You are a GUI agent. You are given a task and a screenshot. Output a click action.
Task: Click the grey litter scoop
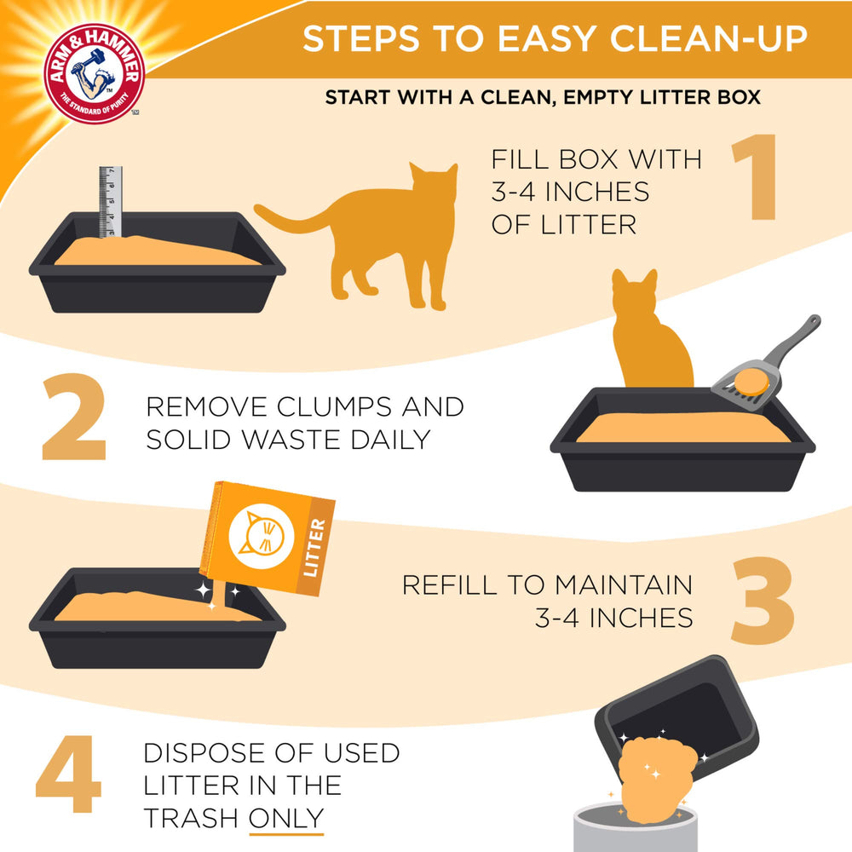coord(767,362)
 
